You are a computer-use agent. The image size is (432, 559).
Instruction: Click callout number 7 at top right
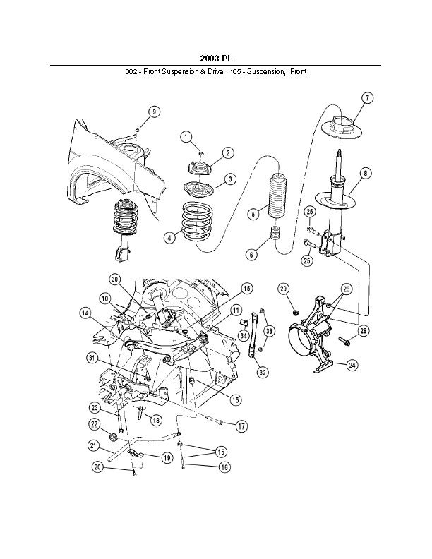[367, 97]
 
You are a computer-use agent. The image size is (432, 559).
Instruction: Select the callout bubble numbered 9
[154, 112]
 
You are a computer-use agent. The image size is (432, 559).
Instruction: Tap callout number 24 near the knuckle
[352, 365]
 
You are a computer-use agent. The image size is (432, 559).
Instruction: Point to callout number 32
[263, 373]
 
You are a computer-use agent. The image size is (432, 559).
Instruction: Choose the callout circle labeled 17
[241, 426]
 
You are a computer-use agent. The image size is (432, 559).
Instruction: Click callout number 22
[95, 424]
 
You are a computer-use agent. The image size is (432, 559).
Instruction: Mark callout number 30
[114, 280]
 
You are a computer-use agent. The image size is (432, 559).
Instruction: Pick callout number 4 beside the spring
[170, 237]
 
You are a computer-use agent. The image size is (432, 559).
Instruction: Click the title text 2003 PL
[215, 58]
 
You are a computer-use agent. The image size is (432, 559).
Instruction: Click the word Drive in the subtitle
[216, 72]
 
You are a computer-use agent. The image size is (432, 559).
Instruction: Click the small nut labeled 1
[201, 153]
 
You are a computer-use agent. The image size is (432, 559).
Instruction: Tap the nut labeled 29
[295, 313]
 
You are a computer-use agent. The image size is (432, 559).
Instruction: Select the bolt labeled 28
[344, 341]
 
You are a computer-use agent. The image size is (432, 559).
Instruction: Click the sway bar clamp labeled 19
[135, 454]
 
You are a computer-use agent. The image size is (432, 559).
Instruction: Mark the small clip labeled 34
[244, 323]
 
